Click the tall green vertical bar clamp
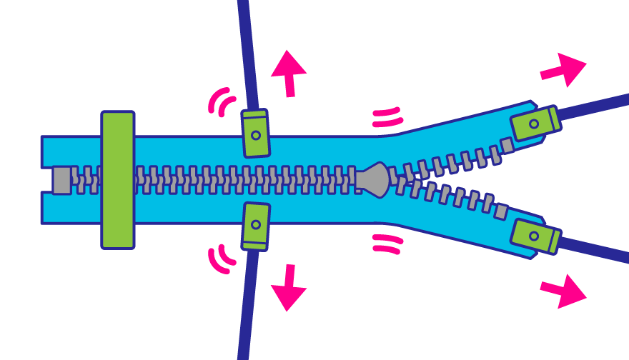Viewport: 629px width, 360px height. tap(118, 180)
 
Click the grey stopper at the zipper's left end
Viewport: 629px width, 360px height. tap(62, 180)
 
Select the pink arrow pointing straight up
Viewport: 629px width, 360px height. tap(288, 71)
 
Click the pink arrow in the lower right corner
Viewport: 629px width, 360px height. tap(565, 291)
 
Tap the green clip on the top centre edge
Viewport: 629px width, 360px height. tap(255, 134)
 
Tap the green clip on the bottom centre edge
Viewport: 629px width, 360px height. tap(255, 226)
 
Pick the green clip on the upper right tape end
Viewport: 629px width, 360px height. tap(535, 123)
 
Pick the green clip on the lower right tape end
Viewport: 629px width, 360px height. tap(535, 236)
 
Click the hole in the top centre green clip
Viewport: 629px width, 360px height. tap(255, 135)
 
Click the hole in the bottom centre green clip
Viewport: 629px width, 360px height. tap(255, 224)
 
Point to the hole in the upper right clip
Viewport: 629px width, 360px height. tap(533, 124)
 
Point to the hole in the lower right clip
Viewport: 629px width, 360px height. tap(533, 236)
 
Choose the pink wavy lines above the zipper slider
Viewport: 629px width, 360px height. tap(387, 117)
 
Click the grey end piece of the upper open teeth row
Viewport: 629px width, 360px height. tap(507, 146)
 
